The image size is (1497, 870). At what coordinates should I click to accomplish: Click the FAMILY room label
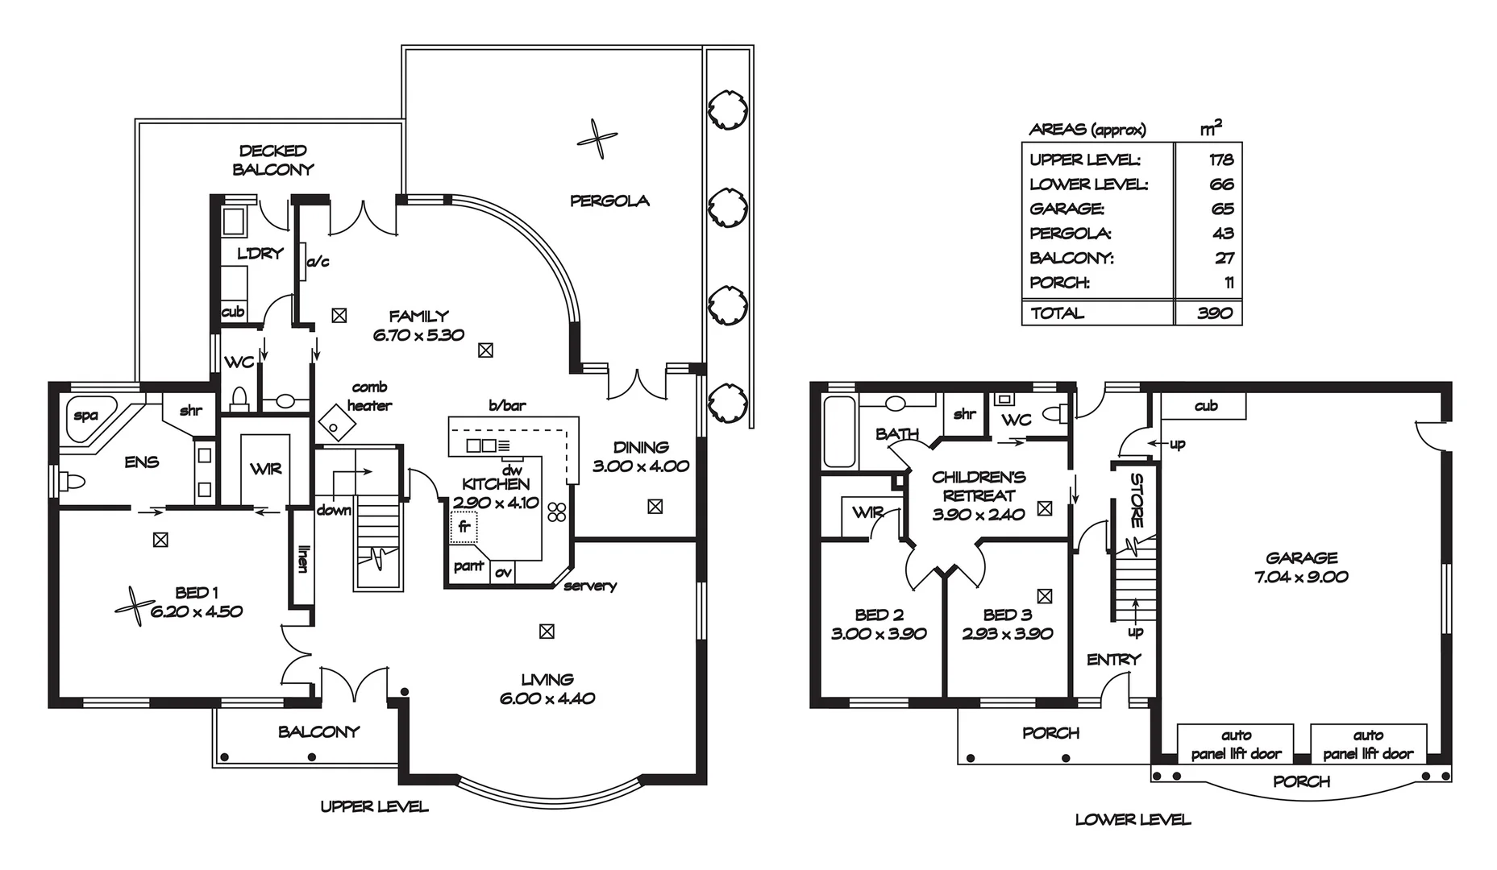(418, 317)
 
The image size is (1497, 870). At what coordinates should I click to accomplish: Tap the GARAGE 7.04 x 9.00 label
(1301, 567)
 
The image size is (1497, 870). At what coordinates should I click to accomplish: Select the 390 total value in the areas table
(1215, 313)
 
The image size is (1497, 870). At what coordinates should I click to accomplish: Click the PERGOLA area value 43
(1223, 234)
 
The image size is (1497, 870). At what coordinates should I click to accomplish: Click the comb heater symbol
(338, 421)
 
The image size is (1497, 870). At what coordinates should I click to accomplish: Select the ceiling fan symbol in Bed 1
(134, 600)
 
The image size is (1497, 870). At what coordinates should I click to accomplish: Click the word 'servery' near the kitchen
(590, 586)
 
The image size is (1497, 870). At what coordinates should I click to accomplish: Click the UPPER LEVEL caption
(374, 806)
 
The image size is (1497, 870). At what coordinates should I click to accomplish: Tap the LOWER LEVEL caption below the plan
(1133, 820)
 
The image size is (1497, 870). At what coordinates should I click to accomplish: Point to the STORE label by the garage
(1137, 500)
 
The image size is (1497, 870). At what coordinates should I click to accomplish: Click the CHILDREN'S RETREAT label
(979, 487)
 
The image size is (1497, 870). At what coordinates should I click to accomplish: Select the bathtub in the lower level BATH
(840, 431)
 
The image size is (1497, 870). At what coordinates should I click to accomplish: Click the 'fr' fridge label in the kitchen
(464, 528)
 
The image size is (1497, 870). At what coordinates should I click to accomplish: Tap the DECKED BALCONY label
(273, 159)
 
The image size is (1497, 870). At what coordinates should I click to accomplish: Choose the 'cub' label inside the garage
(1206, 406)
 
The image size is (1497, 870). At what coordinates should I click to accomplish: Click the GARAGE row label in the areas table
(1067, 209)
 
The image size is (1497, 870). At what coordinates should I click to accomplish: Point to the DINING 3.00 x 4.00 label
(641, 456)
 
